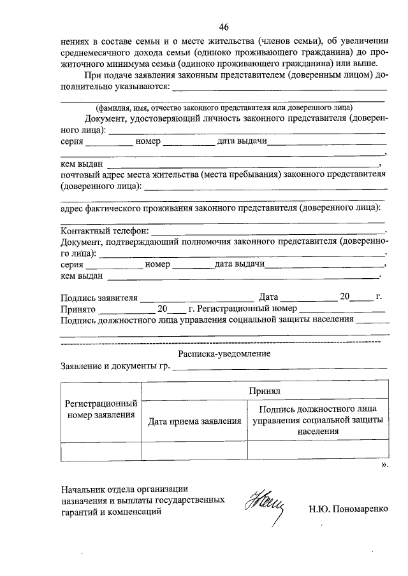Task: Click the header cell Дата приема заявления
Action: point(194,421)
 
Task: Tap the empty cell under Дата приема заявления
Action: point(194,451)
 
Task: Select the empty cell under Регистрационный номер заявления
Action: point(101,451)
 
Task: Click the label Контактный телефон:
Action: point(105,229)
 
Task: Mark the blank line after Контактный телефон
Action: point(268,232)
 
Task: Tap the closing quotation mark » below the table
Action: point(384,465)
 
